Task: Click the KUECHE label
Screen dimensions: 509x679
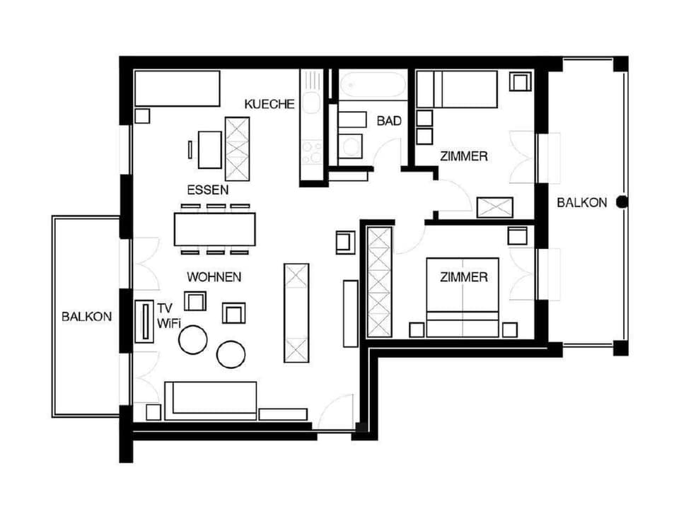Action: [x=269, y=104]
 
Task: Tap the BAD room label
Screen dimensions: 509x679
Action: [x=388, y=122]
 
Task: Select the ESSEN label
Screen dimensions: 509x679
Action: [x=207, y=190]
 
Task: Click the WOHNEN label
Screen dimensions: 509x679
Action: [x=214, y=276]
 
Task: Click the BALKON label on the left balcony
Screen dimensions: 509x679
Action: [x=86, y=317]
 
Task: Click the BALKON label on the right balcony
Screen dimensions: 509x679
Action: [x=581, y=202]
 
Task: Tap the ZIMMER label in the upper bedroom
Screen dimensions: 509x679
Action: [x=463, y=156]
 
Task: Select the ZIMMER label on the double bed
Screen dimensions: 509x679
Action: [x=463, y=277]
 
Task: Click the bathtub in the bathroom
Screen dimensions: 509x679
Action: [x=372, y=86]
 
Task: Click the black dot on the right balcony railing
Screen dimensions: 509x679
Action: [x=622, y=202]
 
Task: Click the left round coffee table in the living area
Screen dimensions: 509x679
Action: [x=192, y=339]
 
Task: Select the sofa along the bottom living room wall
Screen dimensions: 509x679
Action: [x=210, y=400]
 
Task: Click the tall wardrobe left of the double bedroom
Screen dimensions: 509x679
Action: [x=379, y=281]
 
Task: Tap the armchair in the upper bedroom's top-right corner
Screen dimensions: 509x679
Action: [x=520, y=82]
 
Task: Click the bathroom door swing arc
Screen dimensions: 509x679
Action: [x=388, y=151]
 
